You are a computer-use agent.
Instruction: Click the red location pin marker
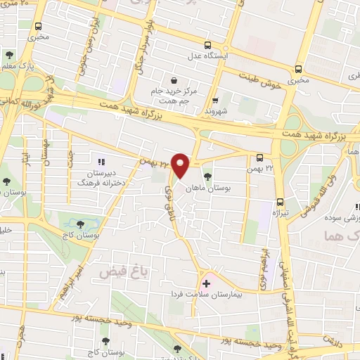tap(181, 165)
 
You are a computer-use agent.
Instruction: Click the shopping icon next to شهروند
tap(215, 101)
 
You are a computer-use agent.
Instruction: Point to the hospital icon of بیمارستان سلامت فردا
tap(206, 283)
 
